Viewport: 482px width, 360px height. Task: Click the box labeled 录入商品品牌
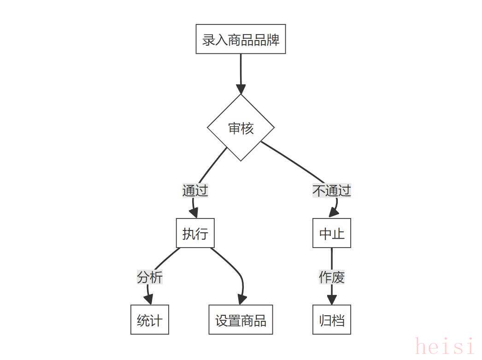click(x=241, y=39)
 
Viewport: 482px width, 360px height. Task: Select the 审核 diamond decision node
click(x=241, y=128)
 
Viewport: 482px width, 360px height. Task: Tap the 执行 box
click(x=195, y=233)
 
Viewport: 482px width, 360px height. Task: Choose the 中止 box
click(x=332, y=233)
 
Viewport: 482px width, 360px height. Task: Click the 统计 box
click(x=150, y=320)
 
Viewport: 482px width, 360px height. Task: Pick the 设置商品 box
click(x=241, y=320)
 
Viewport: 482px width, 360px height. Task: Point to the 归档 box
click(x=332, y=320)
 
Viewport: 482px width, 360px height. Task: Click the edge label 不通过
click(x=332, y=191)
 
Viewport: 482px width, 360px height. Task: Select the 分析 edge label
click(x=150, y=277)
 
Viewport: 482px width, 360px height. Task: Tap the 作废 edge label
click(x=332, y=277)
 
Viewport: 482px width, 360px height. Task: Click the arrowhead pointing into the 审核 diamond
click(x=241, y=89)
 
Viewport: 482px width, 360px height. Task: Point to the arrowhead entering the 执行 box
click(x=194, y=213)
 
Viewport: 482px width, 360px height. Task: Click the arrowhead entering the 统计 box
click(x=148, y=300)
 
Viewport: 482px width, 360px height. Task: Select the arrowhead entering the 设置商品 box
click(x=242, y=300)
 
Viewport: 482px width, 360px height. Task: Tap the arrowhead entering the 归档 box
click(x=332, y=300)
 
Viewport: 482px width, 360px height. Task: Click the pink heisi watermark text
click(x=445, y=347)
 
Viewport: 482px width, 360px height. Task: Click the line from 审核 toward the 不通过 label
click(x=292, y=162)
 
